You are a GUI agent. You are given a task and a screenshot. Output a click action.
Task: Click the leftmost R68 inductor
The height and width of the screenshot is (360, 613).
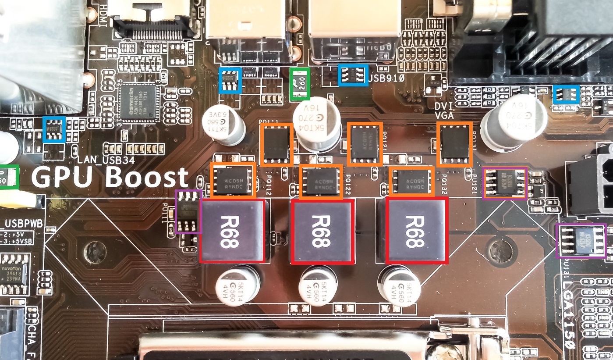click(x=233, y=230)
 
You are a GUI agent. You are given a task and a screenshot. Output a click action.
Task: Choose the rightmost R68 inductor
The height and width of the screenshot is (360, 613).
click(x=417, y=231)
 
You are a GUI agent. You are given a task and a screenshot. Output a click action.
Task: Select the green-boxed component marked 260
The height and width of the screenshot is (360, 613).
click(x=301, y=83)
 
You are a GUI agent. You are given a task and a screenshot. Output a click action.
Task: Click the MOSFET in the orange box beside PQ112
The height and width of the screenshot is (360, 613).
click(x=233, y=180)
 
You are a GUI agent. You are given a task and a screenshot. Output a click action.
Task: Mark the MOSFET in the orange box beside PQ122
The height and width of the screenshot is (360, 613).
click(x=321, y=180)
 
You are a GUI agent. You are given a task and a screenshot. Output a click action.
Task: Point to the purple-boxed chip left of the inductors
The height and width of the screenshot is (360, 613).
click(x=188, y=211)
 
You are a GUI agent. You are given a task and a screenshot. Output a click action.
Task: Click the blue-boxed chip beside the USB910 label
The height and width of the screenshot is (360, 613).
click(x=353, y=75)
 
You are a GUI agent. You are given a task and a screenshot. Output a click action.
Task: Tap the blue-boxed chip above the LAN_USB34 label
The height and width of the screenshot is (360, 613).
click(x=54, y=130)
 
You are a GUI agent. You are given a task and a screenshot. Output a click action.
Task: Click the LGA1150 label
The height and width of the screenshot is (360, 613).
click(x=570, y=307)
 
